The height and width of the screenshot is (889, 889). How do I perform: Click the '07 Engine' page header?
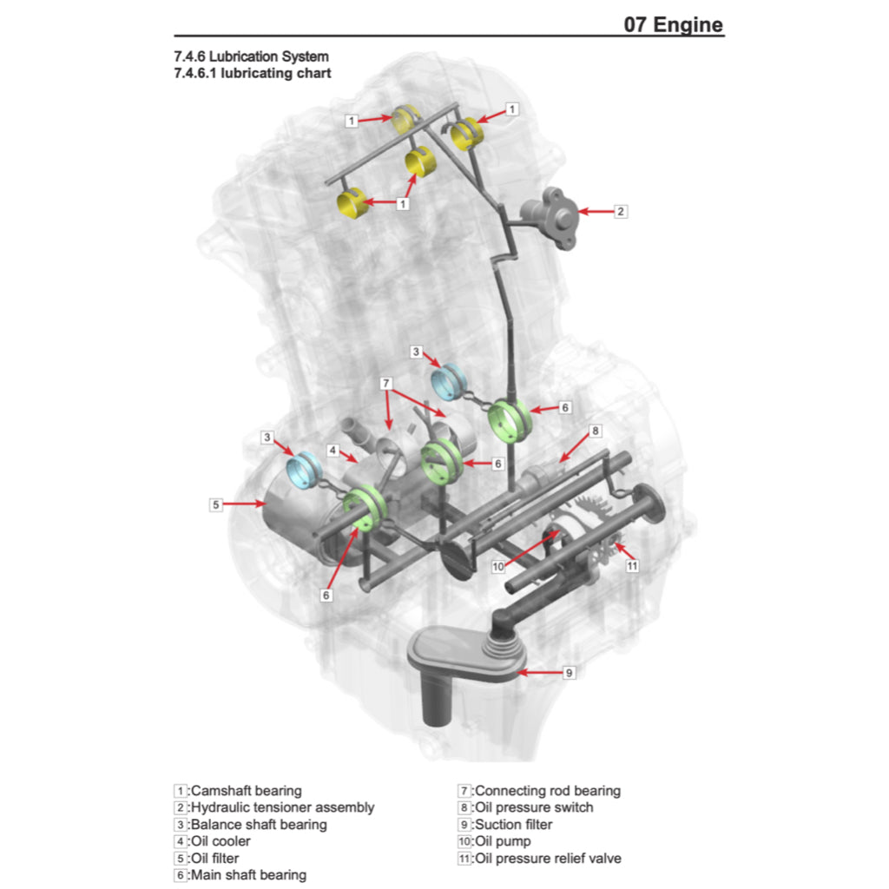pyautogui.click(x=673, y=23)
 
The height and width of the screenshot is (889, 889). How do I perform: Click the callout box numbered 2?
pyautogui.click(x=620, y=211)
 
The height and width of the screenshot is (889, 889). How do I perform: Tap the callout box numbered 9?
pyautogui.click(x=570, y=672)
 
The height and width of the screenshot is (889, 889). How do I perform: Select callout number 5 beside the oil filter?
pyautogui.click(x=216, y=504)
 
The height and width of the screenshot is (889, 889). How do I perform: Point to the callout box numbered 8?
pyautogui.click(x=595, y=431)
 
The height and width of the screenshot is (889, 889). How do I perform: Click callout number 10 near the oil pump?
pyautogui.click(x=498, y=567)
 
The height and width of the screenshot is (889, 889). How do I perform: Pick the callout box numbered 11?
pyautogui.click(x=632, y=565)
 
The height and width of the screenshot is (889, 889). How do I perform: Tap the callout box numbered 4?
pyautogui.click(x=333, y=451)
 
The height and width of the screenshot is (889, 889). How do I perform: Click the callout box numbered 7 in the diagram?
pyautogui.click(x=386, y=383)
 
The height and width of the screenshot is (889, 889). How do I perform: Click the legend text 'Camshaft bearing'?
pyautogui.click(x=247, y=791)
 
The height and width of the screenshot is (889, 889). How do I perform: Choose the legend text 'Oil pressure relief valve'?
pyautogui.click(x=548, y=859)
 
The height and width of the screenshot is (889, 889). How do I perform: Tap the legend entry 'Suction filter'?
pyautogui.click(x=513, y=825)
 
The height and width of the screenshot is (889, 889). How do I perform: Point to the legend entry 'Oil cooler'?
pyautogui.click(x=221, y=841)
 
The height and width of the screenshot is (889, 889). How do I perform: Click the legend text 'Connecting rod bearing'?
pyautogui.click(x=547, y=791)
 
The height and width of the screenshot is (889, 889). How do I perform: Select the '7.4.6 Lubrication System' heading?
pyautogui.click(x=251, y=57)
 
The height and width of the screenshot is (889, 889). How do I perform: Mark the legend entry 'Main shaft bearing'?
pyautogui.click(x=248, y=875)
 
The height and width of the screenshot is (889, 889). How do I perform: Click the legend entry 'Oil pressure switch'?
pyautogui.click(x=534, y=807)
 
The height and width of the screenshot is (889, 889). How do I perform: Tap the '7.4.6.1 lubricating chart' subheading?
pyautogui.click(x=252, y=74)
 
